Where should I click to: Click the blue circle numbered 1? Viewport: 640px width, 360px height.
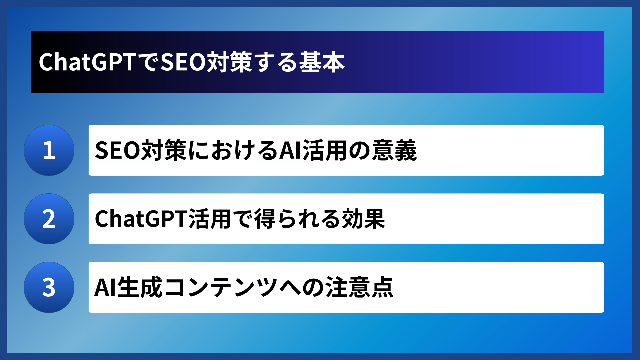pyautogui.click(x=49, y=150)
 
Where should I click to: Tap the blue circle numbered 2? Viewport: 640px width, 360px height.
pyautogui.click(x=49, y=219)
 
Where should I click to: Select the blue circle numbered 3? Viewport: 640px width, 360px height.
pyautogui.click(x=49, y=287)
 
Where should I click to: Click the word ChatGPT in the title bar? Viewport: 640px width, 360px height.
pyautogui.click(x=87, y=62)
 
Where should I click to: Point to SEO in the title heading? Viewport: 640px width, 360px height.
pyautogui.click(x=183, y=62)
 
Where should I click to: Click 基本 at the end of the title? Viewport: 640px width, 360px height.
pyautogui.click(x=322, y=62)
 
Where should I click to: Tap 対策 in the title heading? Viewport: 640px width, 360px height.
pyautogui.click(x=229, y=62)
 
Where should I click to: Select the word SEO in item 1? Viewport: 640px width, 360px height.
pyautogui.click(x=118, y=150)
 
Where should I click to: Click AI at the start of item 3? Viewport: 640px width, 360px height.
pyautogui.click(x=105, y=287)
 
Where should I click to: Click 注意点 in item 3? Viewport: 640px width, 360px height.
pyautogui.click(x=359, y=287)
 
